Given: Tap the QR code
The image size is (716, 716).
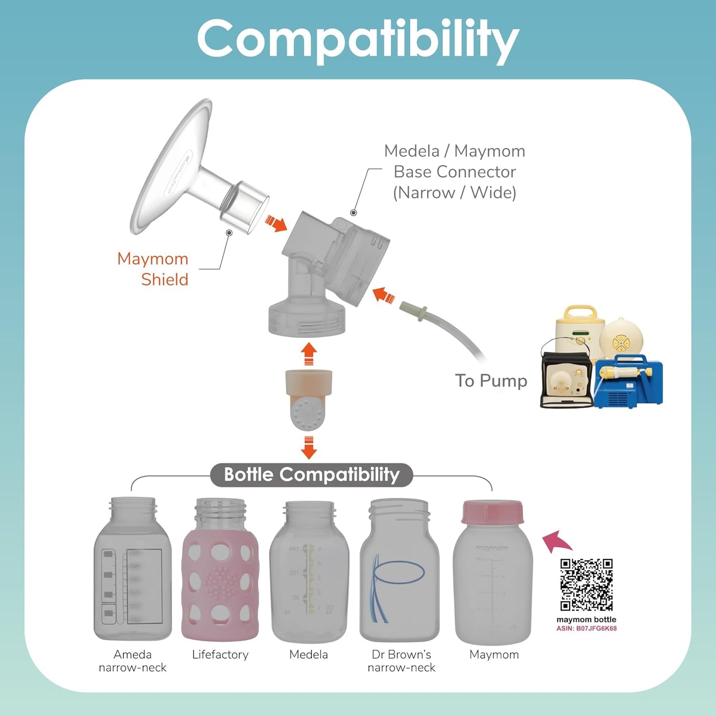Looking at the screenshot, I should [x=586, y=585].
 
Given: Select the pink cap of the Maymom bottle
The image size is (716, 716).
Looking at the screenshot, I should [x=493, y=512].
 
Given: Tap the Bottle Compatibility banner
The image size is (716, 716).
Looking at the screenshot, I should [x=312, y=475].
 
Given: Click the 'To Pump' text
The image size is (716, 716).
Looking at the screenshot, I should [x=491, y=381].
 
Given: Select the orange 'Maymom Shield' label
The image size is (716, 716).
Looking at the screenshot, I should [x=154, y=269].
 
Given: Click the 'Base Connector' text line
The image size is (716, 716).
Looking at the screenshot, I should [x=454, y=171].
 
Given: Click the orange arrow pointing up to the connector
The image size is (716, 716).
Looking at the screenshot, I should [x=309, y=354].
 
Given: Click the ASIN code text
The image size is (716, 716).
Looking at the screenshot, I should [x=586, y=628].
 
